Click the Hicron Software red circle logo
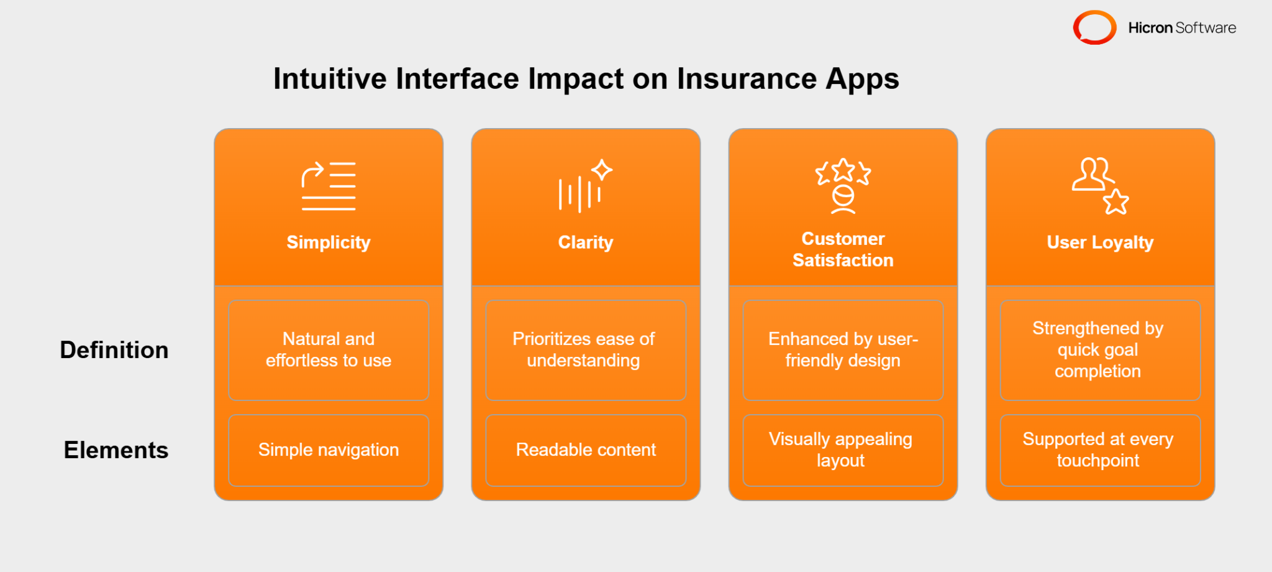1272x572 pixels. pos(1094,27)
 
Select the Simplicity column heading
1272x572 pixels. pos(329,242)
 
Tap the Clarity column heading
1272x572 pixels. pos(585,242)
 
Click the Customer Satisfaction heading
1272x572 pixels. pos(843,249)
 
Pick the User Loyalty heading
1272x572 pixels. pos(1100,242)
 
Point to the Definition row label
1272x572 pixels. pos(114,350)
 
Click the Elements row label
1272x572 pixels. pos(116,450)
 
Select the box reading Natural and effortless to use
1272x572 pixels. pos(329,350)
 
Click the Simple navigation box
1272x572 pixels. pos(329,450)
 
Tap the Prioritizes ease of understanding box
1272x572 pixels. pos(585,350)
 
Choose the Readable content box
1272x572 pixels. pos(585,450)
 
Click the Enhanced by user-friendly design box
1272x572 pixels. pos(843,350)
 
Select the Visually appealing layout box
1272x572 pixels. pos(843,450)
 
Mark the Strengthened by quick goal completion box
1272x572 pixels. pos(1100,350)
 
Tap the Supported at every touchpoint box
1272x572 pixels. pos(1100,450)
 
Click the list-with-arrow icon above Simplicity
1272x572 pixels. pos(329,186)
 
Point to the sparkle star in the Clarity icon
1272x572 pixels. pos(601,170)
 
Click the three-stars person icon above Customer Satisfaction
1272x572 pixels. pos(843,185)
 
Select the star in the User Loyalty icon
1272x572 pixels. pos(1115,202)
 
